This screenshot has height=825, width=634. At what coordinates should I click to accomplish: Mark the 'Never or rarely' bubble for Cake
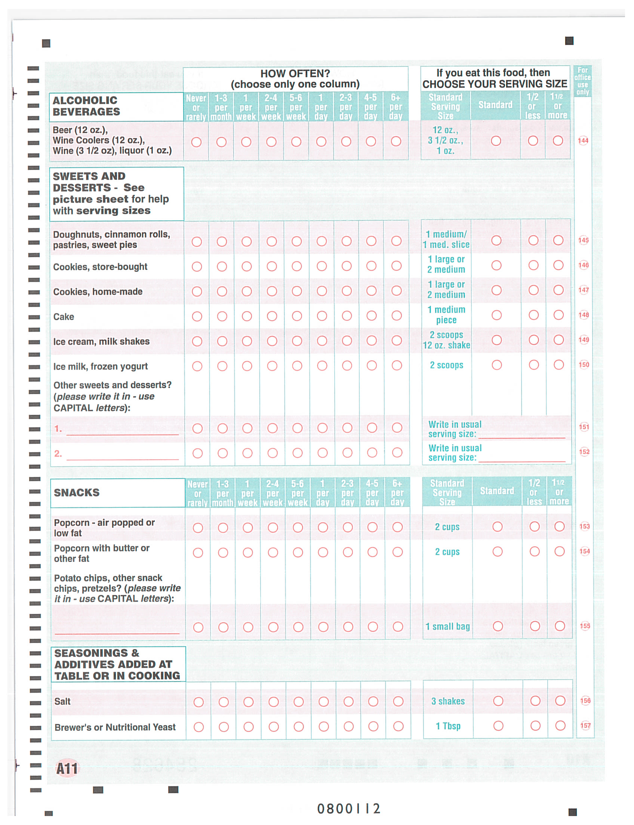coord(197,316)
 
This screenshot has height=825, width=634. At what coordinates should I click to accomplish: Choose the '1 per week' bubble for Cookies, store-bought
coord(247,266)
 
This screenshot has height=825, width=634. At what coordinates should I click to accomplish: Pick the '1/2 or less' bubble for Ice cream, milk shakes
coord(533,340)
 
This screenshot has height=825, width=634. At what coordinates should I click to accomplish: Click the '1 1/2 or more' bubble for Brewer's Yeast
coord(560,726)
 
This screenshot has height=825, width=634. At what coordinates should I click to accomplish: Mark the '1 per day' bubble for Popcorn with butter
coord(323,552)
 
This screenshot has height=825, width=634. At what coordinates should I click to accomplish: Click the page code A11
coord(67,769)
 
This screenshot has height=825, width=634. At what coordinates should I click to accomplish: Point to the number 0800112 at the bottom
coord(348,809)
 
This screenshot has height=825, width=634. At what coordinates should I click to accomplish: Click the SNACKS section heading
coord(77,493)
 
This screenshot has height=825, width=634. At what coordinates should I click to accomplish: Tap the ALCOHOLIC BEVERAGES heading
coord(86,106)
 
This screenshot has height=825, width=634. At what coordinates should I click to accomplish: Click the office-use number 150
coord(584,365)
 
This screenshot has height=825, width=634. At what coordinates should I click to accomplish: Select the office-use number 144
coord(583,141)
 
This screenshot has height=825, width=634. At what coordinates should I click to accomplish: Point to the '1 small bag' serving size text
coord(447,627)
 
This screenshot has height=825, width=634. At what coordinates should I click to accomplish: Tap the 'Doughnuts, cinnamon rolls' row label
coord(111,240)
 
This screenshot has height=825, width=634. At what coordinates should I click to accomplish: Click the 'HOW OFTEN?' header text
coord(295,73)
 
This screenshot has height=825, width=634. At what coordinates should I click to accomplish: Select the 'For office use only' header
coord(582,81)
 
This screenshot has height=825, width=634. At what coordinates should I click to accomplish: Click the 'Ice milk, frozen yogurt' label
coord(101,366)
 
